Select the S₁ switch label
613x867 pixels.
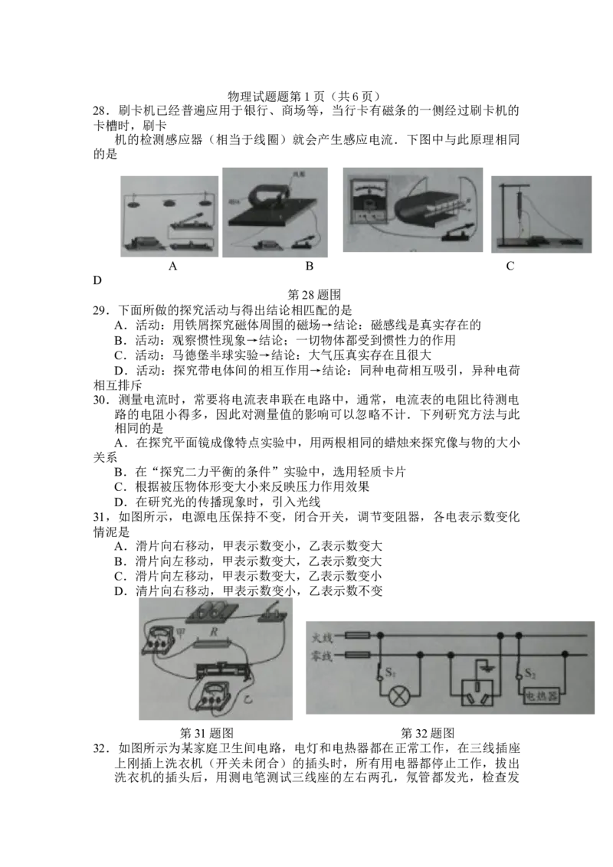(390, 673)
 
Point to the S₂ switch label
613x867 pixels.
(530, 673)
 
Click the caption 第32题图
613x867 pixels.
(428, 733)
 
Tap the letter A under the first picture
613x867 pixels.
(172, 266)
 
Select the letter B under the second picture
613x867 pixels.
(310, 266)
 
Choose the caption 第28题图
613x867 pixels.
(314, 295)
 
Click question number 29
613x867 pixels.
(99, 310)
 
